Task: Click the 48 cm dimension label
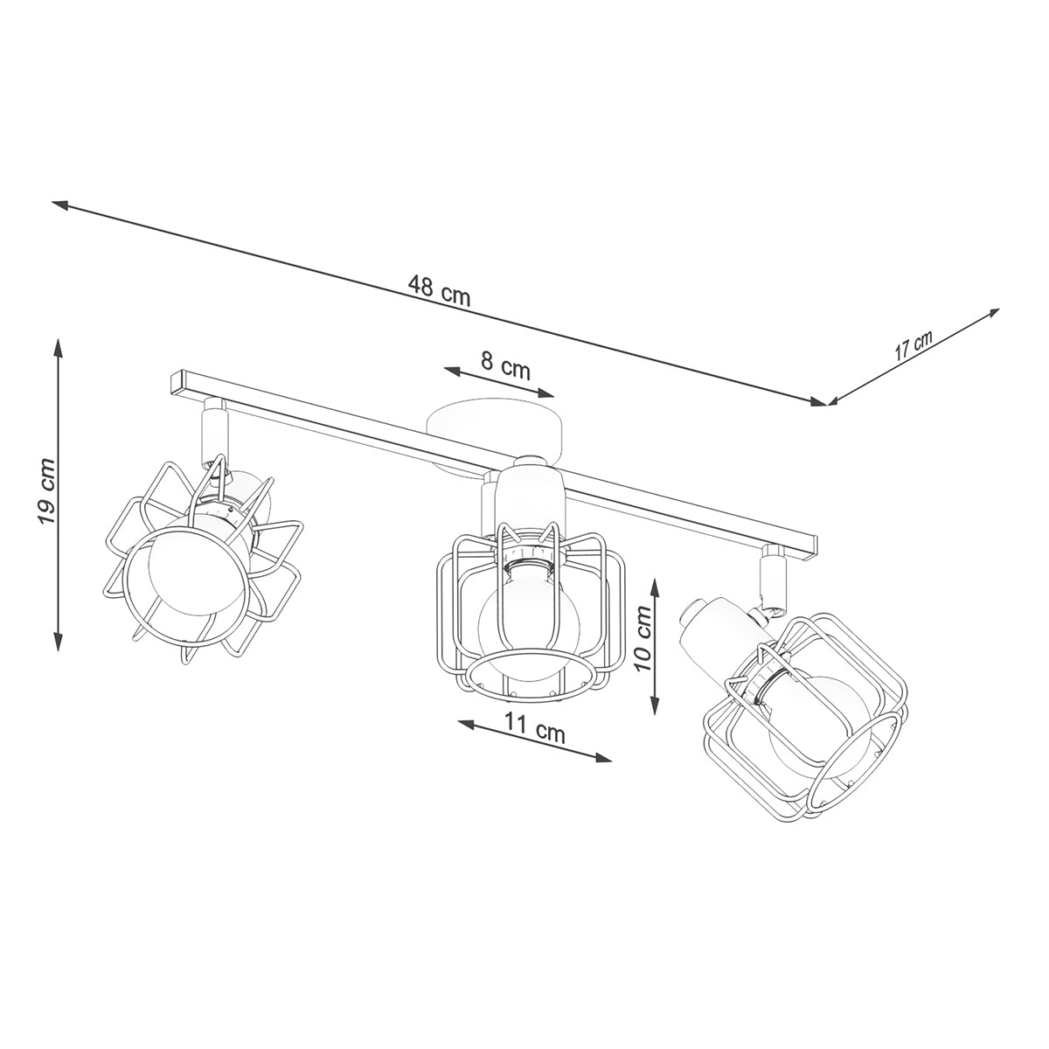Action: tap(439, 290)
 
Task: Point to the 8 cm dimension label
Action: tap(505, 365)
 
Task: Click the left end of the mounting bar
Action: tap(178, 382)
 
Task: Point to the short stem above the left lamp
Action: tap(212, 428)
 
